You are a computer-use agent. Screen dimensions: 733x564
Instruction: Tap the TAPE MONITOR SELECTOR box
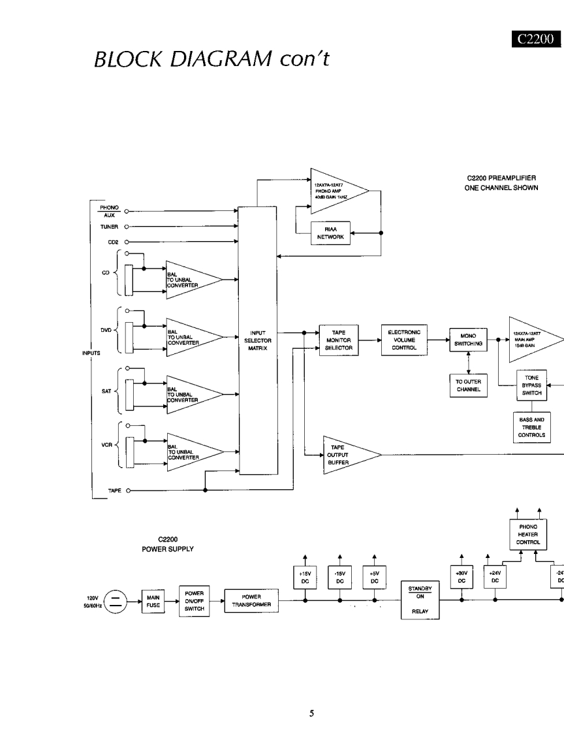coord(338,340)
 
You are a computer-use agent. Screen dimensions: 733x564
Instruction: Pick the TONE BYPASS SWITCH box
coord(532,385)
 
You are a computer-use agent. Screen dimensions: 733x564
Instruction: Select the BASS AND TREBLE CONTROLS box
coord(532,426)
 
